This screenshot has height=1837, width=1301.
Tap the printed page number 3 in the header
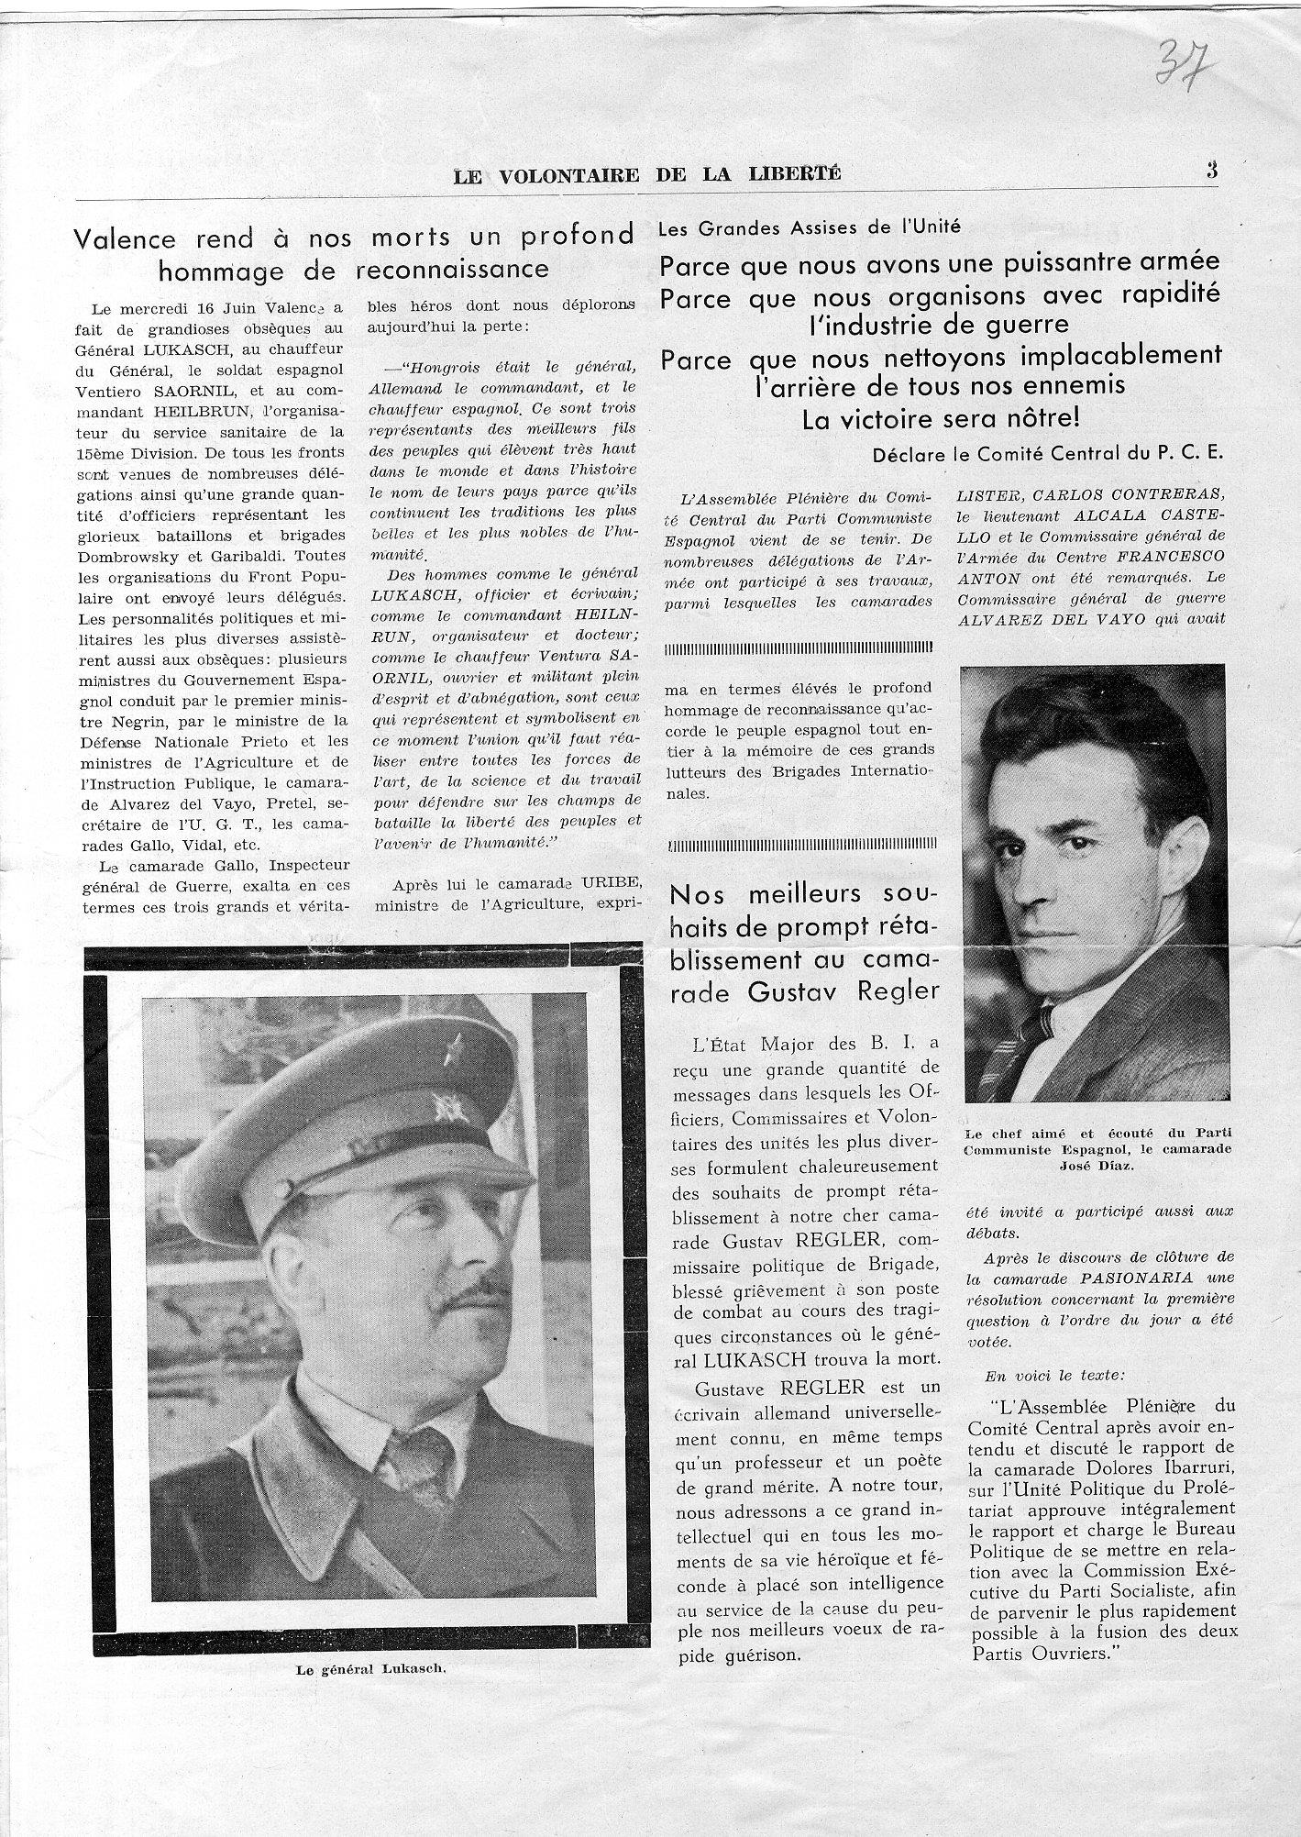point(1212,170)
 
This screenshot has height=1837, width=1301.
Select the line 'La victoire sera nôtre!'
point(941,419)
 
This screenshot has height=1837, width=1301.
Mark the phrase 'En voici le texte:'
point(1040,1376)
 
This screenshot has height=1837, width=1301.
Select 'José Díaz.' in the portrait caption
point(1097,1166)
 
